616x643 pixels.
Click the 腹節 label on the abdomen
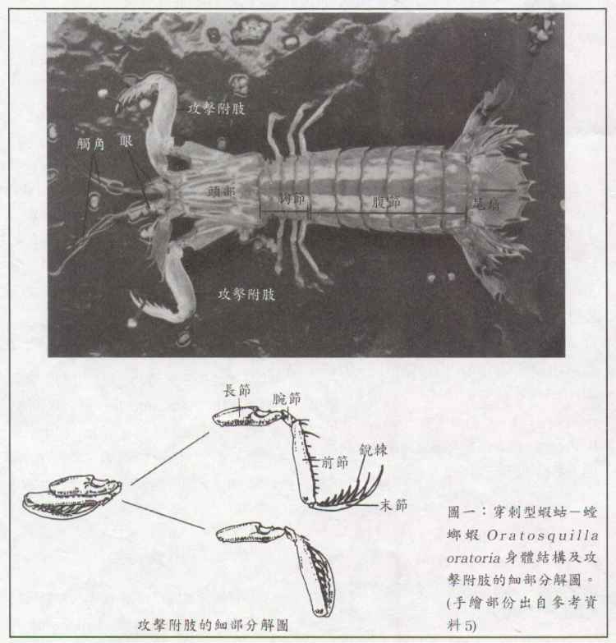coord(386,201)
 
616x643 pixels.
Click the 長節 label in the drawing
coord(235,391)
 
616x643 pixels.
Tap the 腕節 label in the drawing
coord(287,399)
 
